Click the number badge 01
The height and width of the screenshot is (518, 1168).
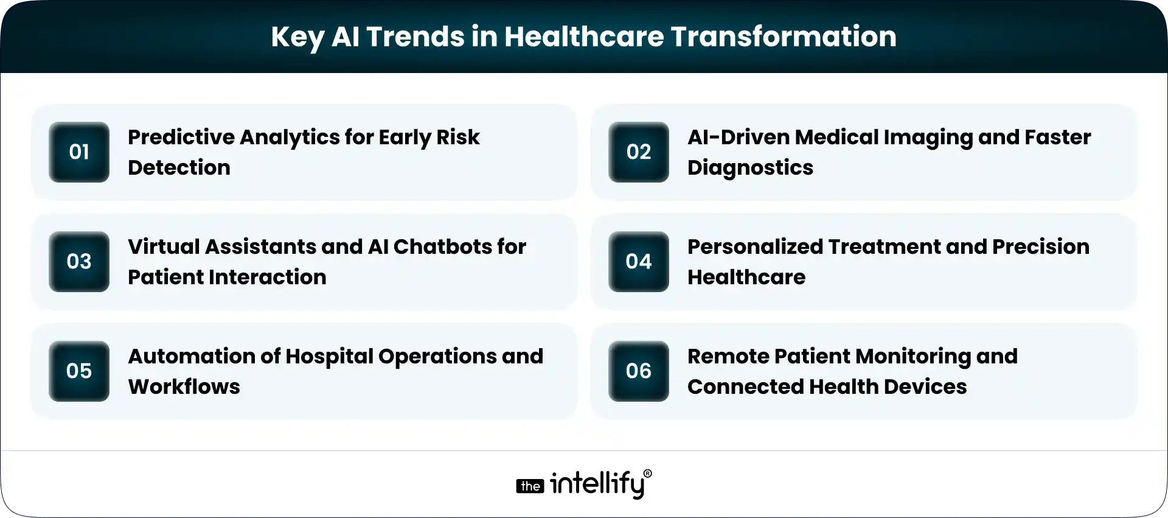pyautogui.click(x=79, y=152)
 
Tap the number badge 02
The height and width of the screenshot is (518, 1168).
pyautogui.click(x=639, y=152)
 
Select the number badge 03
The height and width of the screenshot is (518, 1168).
pyautogui.click(x=79, y=262)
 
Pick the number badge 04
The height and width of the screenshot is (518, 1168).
pyautogui.click(x=639, y=262)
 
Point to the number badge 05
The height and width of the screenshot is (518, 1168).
pyautogui.click(x=79, y=371)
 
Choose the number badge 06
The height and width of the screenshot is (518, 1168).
pyautogui.click(x=639, y=371)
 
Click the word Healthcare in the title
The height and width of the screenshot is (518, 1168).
pyautogui.click(x=583, y=37)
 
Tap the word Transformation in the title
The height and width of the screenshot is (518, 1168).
pyautogui.click(x=784, y=37)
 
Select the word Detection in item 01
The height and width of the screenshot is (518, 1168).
pyautogui.click(x=179, y=168)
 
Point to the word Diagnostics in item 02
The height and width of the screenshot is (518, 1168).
pyautogui.click(x=750, y=168)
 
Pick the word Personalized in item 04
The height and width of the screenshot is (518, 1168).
pyautogui.click(x=754, y=247)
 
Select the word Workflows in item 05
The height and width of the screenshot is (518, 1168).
pyautogui.click(x=184, y=387)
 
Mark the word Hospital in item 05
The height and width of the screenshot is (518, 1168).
pyautogui.click(x=328, y=357)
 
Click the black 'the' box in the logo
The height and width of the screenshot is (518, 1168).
pyautogui.click(x=530, y=486)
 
